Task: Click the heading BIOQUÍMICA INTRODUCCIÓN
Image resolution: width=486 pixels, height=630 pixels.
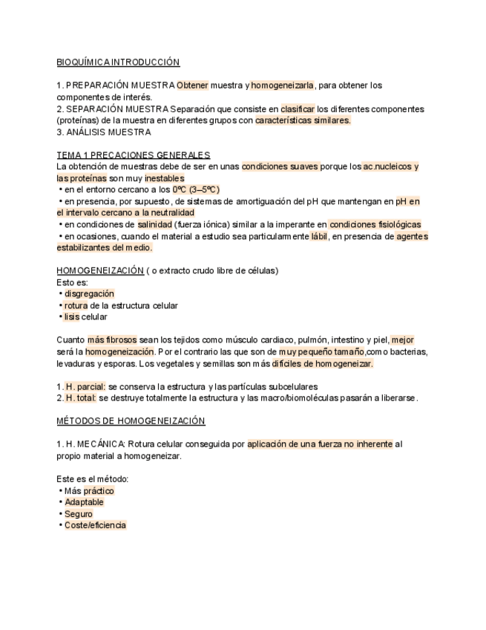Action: click(x=118, y=62)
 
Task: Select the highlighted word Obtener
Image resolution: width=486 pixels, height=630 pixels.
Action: click(x=193, y=85)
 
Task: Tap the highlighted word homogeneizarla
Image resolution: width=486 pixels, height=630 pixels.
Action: click(x=283, y=85)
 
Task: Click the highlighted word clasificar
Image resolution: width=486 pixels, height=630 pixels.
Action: click(x=298, y=109)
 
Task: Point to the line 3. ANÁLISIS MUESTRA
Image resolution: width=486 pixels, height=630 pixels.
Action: click(x=104, y=132)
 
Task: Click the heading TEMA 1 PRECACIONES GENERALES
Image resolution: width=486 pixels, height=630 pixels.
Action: click(x=134, y=155)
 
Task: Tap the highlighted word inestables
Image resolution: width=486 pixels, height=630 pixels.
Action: click(x=165, y=178)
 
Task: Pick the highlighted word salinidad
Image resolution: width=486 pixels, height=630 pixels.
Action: click(x=154, y=224)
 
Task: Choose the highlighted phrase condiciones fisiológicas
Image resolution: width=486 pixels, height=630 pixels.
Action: click(x=375, y=224)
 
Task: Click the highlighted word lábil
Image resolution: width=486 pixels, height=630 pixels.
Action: click(x=319, y=236)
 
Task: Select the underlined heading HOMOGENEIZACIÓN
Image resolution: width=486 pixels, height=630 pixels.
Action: click(x=100, y=270)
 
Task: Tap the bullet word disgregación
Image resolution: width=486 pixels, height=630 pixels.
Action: click(x=89, y=293)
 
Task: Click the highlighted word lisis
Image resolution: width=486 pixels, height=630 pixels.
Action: click(x=71, y=317)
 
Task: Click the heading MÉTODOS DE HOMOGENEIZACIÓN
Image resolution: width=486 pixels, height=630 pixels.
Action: click(x=131, y=421)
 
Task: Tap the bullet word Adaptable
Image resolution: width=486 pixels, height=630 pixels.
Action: click(x=84, y=502)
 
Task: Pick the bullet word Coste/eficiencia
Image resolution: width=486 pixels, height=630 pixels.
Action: click(x=95, y=525)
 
